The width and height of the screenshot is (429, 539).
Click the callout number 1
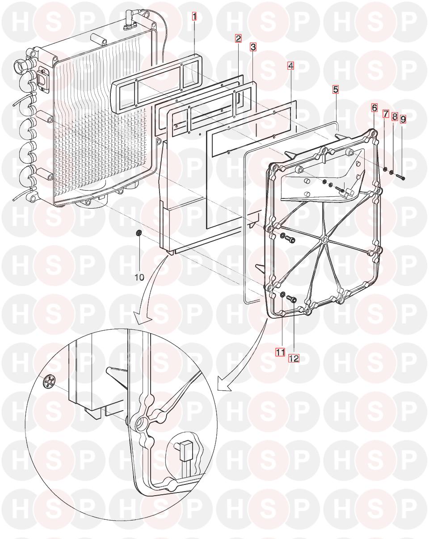pyautogui.click(x=194, y=17)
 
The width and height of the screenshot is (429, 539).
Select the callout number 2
pyautogui.click(x=238, y=38)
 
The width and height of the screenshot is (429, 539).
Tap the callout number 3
pyautogui.click(x=253, y=46)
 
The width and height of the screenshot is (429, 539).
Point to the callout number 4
pyautogui.click(x=290, y=66)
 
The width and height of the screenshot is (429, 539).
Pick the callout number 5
pyautogui.click(x=336, y=89)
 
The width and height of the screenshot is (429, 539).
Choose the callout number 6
pyautogui.click(x=374, y=108)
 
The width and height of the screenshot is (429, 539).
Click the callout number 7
pyautogui.click(x=386, y=114)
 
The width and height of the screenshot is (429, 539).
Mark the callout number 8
pyautogui.click(x=395, y=117)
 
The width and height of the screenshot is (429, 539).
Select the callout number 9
pyautogui.click(x=403, y=119)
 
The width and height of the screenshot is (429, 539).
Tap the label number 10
pyautogui.click(x=139, y=277)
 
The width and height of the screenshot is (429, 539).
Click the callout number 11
pyautogui.click(x=281, y=352)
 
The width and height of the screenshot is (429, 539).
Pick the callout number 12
pyautogui.click(x=294, y=358)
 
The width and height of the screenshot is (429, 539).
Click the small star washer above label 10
pyautogui.click(x=139, y=233)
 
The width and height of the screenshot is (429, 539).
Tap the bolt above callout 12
pyautogui.click(x=292, y=299)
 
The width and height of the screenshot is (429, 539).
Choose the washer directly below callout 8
pyautogui.click(x=391, y=173)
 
